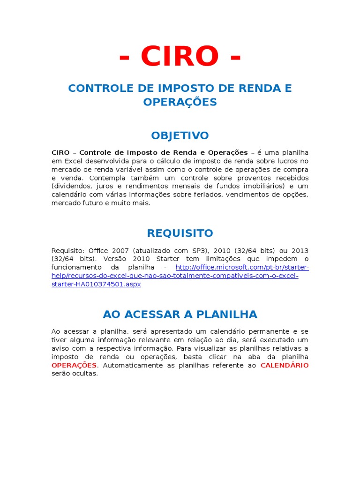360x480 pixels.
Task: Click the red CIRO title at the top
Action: [x=180, y=56]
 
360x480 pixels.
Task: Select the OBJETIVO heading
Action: [x=180, y=135]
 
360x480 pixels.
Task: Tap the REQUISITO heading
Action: [x=180, y=233]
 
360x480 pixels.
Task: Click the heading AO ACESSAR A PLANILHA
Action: [x=180, y=314]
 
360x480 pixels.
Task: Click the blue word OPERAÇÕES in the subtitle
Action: [x=180, y=102]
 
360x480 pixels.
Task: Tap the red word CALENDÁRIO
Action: [x=285, y=365]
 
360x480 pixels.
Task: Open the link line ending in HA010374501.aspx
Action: [x=96, y=284]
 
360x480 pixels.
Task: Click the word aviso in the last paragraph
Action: [x=60, y=348]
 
